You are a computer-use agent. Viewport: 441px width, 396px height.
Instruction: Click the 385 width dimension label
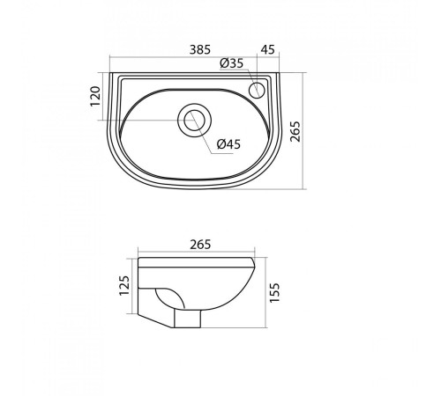(200, 49)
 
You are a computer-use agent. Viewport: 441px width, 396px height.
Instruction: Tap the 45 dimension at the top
(267, 49)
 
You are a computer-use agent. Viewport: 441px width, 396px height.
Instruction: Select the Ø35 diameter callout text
(232, 63)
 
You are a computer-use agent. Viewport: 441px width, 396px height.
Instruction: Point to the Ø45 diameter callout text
(228, 144)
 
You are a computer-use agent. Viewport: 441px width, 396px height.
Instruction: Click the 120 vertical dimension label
(95, 96)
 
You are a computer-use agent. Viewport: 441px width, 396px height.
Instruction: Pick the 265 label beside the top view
(295, 131)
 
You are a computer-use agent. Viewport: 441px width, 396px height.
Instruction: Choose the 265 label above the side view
(200, 245)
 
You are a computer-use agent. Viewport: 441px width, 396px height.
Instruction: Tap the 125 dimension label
(124, 285)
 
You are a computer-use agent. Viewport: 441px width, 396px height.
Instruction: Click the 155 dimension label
(274, 293)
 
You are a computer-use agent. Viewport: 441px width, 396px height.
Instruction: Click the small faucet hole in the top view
(257, 90)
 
